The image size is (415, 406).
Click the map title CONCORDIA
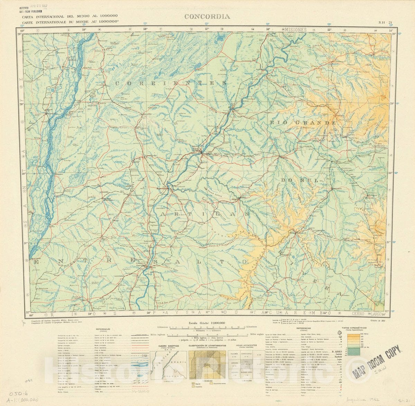(207, 17)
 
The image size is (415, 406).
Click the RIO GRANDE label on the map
(303, 123)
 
